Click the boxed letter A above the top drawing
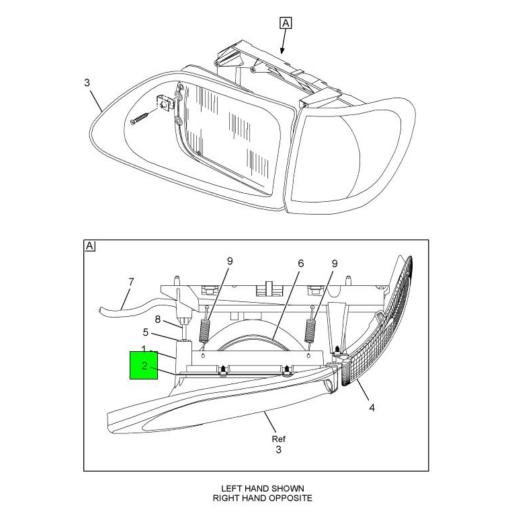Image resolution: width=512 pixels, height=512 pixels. coord(285,23)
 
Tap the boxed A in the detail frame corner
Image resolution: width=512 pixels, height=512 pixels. coord(90,246)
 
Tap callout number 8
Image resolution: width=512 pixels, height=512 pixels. coord(158,321)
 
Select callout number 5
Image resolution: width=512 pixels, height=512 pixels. coord(145,334)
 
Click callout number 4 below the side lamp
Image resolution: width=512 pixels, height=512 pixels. coord(372,407)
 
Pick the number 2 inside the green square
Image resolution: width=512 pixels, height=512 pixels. coord(144,367)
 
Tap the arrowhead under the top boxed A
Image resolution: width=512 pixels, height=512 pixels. coord(283,50)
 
